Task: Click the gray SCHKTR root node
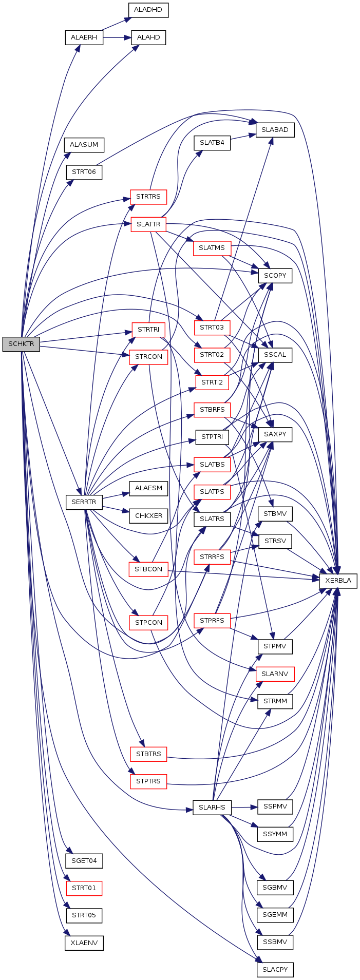21,344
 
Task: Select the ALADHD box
148,10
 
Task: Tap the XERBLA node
338,581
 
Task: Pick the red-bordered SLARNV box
275,674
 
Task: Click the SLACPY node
275,970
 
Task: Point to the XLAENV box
84,943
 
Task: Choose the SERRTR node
84,502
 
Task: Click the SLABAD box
275,130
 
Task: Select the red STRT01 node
84,888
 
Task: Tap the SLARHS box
212,807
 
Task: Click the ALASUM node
84,145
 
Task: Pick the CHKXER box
148,515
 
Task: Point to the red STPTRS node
148,781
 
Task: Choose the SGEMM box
275,915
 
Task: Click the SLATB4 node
212,143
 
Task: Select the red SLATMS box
212,248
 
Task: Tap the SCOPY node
275,276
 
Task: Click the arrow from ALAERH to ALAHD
117,37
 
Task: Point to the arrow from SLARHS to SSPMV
244,807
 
